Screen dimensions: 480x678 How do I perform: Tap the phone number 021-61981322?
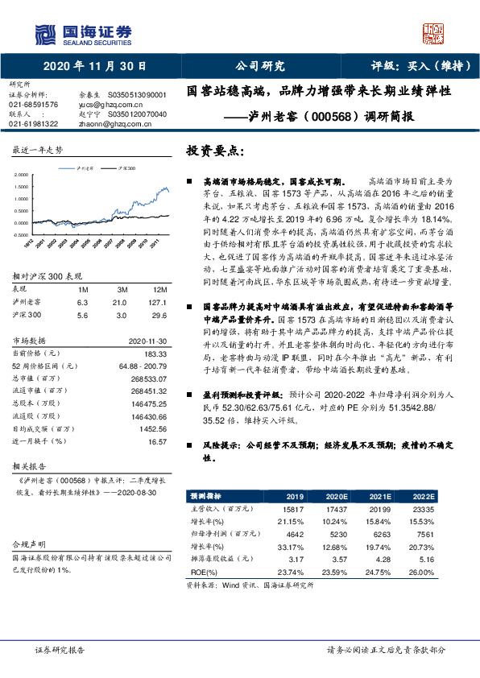point(33,123)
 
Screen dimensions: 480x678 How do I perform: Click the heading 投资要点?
point(214,152)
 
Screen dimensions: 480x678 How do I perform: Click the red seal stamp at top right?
point(433,31)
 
